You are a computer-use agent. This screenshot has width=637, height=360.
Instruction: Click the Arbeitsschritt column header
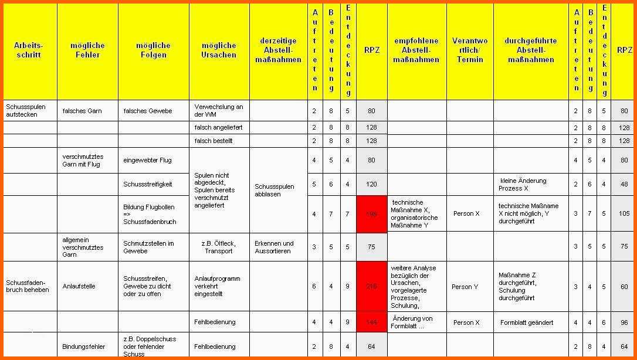coord(29,50)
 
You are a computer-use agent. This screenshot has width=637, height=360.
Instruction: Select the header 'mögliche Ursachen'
coord(219,50)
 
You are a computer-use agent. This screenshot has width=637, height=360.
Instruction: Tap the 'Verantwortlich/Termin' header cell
coord(470,50)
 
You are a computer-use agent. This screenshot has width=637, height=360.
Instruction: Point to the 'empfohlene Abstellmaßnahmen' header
coord(416,50)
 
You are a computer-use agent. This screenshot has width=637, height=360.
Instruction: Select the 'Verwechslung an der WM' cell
coord(219,111)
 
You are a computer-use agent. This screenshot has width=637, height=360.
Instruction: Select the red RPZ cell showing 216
coord(371,286)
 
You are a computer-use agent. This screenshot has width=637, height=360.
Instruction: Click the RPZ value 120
coord(371,184)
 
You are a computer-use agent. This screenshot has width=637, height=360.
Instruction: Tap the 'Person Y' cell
coord(465,287)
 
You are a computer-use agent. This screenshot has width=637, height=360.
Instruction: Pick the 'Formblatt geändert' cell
coord(527,322)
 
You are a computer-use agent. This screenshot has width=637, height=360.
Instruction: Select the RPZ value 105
coord(622,213)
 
